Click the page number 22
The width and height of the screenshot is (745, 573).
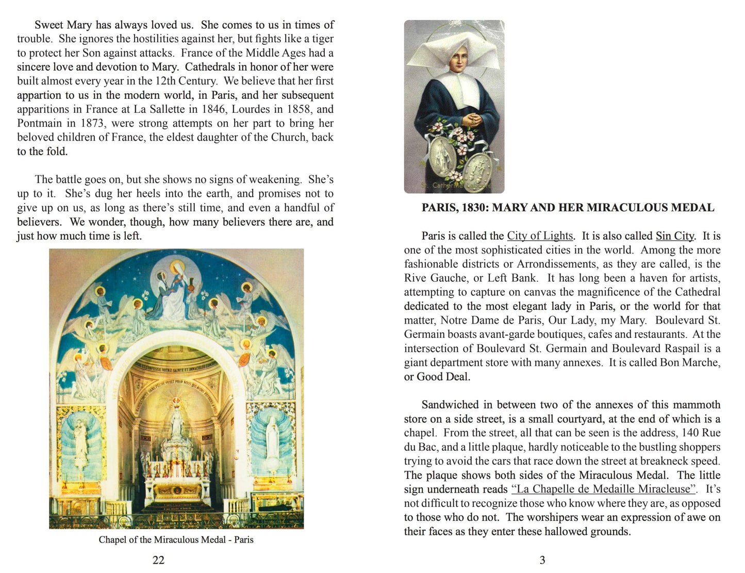tap(158, 560)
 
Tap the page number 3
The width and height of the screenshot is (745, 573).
tap(542, 560)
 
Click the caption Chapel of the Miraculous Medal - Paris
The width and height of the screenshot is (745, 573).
tap(176, 540)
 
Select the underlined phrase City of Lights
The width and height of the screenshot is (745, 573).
tap(540, 236)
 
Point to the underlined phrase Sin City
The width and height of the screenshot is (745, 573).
tap(675, 236)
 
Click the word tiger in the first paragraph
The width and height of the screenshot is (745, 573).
tap(322, 39)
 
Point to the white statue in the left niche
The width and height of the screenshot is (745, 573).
tap(80, 442)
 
